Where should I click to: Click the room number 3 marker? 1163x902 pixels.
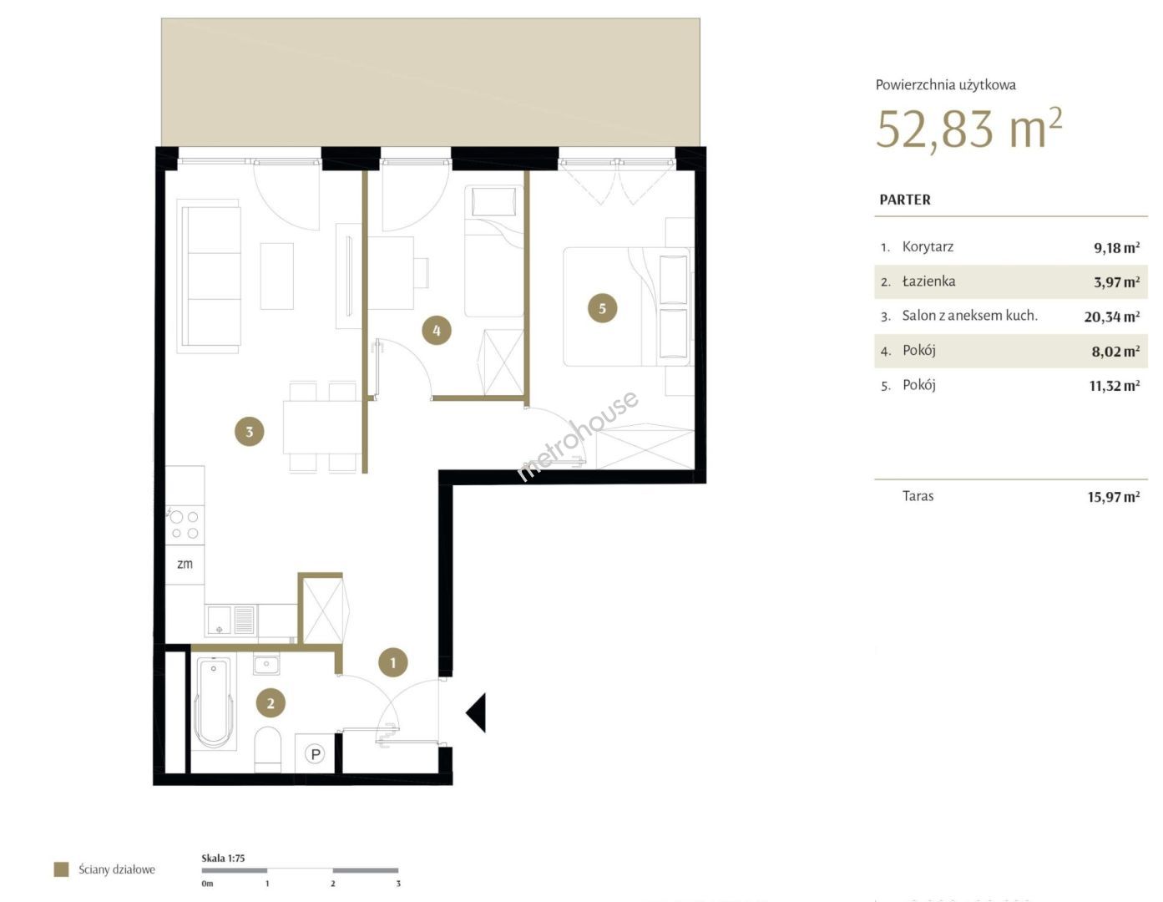tap(250, 432)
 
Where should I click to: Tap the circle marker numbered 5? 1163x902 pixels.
tap(602, 308)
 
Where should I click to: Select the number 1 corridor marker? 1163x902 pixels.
tap(393, 662)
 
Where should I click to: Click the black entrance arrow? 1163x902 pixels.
tap(476, 712)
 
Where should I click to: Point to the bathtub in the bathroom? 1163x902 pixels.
tap(214, 703)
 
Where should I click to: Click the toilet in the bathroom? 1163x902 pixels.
tap(268, 749)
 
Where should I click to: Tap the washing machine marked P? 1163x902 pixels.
tap(316, 753)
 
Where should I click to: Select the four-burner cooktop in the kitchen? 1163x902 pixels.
tap(185, 525)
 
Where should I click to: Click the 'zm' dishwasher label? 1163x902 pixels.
tap(185, 564)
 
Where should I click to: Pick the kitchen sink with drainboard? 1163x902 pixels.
tap(230, 621)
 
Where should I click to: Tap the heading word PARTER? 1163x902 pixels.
tap(905, 200)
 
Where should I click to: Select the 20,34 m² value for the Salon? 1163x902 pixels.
tap(1111, 317)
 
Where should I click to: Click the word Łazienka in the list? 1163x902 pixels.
tap(928, 281)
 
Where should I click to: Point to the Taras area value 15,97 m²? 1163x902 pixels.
tap(1113, 497)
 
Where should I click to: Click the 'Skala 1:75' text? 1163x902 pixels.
tap(223, 858)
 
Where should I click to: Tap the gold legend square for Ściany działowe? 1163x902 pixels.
tap(62, 869)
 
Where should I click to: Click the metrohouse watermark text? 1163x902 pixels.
tap(578, 435)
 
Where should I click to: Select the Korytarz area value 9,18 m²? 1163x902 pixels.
tap(1116, 247)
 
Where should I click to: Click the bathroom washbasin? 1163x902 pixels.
tap(266, 666)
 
